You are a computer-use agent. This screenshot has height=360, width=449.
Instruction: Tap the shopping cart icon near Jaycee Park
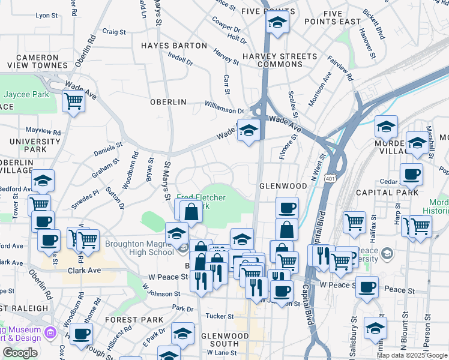74,101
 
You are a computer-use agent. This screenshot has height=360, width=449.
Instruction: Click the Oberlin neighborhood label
168,102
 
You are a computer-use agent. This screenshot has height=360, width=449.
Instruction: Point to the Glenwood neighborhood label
283,186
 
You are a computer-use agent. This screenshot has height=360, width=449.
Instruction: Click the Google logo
20,353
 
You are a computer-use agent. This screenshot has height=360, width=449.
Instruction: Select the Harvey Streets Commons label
279,60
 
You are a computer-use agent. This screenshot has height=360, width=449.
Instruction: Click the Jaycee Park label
26,95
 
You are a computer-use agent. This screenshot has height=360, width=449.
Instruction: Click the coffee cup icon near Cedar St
411,174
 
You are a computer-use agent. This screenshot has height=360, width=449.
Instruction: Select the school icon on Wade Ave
248,130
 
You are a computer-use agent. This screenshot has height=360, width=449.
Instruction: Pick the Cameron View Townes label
33,62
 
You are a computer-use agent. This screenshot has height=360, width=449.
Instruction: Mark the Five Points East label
341,17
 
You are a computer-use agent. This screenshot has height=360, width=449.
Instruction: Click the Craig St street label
114,32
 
